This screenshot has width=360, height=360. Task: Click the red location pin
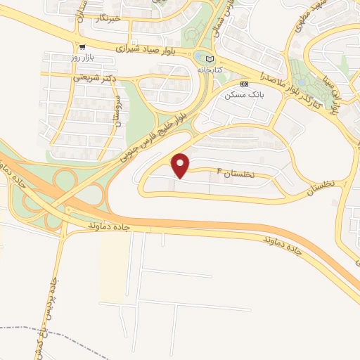click(181, 166)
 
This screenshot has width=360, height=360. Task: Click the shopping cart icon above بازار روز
click(84, 47)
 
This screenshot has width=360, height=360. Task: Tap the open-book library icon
click(210, 58)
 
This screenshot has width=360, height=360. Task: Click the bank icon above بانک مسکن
click(244, 83)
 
